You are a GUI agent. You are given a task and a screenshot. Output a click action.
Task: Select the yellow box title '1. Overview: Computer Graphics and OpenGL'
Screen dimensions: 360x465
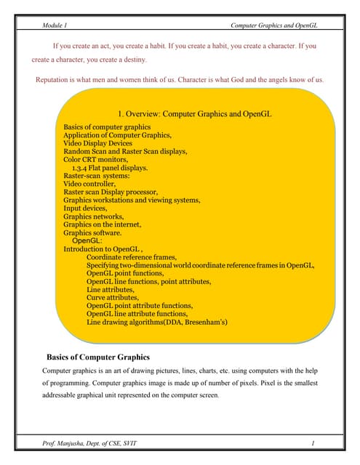(194, 114)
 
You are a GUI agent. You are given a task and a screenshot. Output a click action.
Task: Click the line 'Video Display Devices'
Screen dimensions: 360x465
(97, 144)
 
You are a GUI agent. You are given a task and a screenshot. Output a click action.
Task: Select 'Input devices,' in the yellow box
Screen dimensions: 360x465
(85, 209)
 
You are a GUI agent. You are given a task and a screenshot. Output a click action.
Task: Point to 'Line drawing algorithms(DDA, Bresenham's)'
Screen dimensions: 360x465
(156, 321)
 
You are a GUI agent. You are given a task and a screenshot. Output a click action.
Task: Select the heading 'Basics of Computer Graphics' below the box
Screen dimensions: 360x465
(98, 357)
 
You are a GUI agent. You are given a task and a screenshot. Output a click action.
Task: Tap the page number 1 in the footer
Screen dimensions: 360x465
(311, 443)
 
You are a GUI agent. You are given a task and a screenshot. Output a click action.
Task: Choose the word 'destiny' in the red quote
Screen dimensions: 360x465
(132, 60)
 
